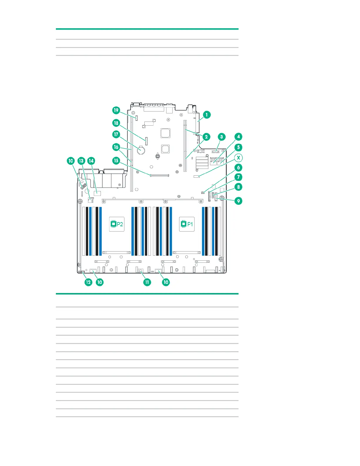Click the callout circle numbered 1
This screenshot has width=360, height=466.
(206, 115)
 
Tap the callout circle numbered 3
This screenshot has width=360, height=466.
(221, 137)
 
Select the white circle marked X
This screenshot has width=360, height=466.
(239, 158)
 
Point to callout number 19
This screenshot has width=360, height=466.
(116, 110)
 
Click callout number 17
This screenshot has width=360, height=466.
(116, 134)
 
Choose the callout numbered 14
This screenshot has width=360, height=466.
(91, 161)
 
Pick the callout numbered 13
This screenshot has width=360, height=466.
(81, 161)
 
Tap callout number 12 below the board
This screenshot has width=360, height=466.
(88, 282)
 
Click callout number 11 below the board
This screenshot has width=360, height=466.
(147, 282)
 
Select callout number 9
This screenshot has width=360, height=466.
(239, 201)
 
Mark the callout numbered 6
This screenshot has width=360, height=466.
(239, 168)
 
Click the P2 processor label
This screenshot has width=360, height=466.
(116, 224)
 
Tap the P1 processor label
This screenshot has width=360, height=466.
(187, 224)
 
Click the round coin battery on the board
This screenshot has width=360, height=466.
(141, 150)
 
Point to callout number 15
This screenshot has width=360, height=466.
(116, 161)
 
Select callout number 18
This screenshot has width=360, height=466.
(116, 123)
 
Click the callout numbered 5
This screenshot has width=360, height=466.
(239, 147)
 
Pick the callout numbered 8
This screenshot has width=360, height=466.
(239, 187)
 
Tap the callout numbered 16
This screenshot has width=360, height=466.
(116, 147)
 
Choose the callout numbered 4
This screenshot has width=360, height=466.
(239, 137)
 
